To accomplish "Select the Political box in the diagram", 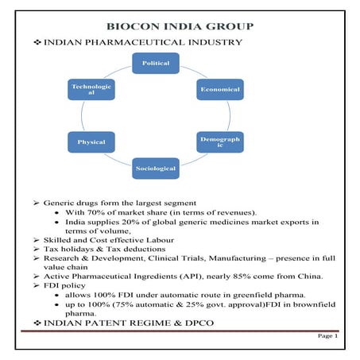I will tap(156, 63).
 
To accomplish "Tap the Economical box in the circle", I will tap(219, 89).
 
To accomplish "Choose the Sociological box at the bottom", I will tap(156, 168).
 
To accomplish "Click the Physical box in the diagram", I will tap(92, 142).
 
